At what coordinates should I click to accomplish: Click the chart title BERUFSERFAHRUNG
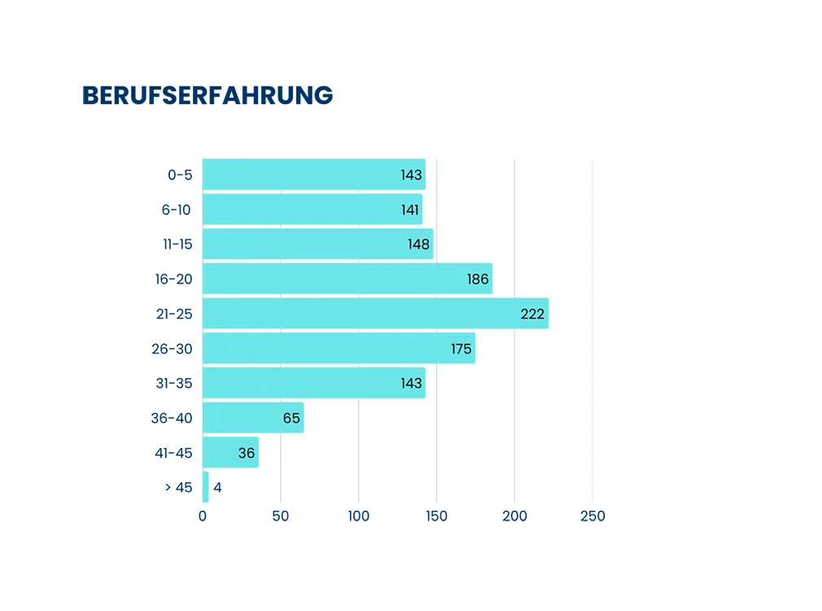pos(208,95)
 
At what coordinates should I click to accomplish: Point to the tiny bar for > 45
pos(206,487)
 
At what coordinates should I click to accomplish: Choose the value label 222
pos(532,314)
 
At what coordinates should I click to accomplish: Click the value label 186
pos(478,279)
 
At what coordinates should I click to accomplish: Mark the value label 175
pos(461,349)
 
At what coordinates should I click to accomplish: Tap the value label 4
pos(217,488)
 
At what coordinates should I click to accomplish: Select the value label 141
pos(409,209)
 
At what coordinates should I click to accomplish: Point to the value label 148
pos(418,244)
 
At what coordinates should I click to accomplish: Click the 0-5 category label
pos(180,174)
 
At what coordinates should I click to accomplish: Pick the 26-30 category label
pos(172,349)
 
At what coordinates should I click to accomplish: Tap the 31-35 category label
pos(173,383)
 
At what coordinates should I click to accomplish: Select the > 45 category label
pos(178,487)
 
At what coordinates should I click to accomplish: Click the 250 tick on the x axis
pos(592,516)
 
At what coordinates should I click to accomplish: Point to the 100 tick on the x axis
pos(359,516)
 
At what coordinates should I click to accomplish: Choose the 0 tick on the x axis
pos(203,516)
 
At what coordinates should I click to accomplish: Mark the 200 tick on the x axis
pos(514,516)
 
